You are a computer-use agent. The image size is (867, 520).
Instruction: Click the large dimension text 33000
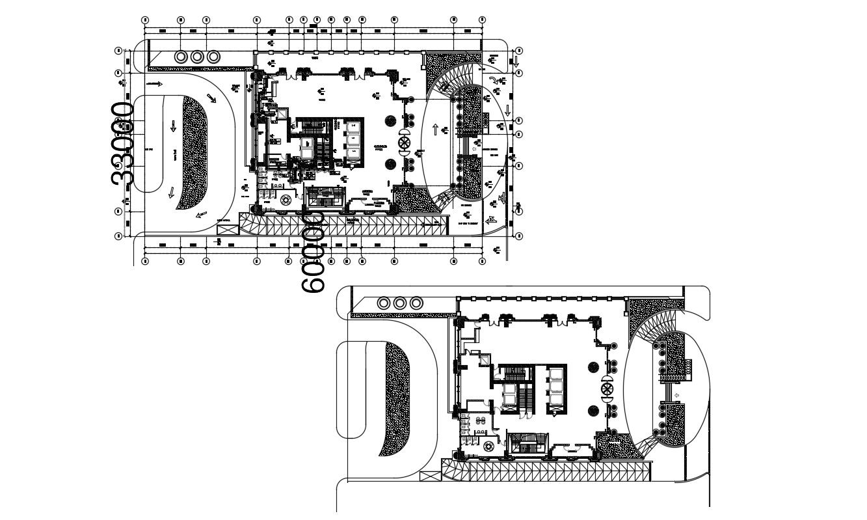point(123,144)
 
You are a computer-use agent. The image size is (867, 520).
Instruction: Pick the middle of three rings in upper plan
point(198,57)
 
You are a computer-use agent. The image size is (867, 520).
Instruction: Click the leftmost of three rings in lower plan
point(384,303)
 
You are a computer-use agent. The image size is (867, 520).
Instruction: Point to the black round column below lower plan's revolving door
point(594,411)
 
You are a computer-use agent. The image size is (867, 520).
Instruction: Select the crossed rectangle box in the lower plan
point(429,476)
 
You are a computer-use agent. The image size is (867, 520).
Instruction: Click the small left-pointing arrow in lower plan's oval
point(677,395)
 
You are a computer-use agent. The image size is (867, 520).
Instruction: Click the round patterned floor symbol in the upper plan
point(284,202)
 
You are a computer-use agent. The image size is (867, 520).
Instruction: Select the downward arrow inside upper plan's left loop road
point(174,126)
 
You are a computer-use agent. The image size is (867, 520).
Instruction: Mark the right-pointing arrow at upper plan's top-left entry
point(155,84)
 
